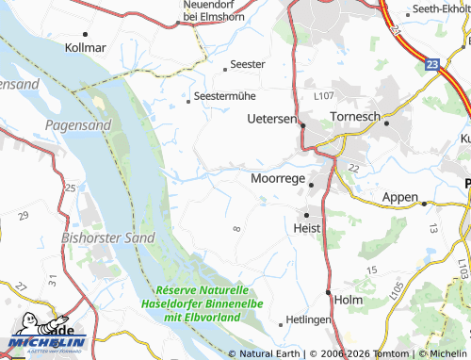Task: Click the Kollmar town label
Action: [86, 45]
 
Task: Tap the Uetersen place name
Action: [270, 120]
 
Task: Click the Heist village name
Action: [307, 228]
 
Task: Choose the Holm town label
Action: [349, 300]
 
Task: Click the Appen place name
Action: [399, 197]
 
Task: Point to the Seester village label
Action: [248, 64]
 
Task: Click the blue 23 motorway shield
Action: [431, 64]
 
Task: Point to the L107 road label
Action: [324, 96]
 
